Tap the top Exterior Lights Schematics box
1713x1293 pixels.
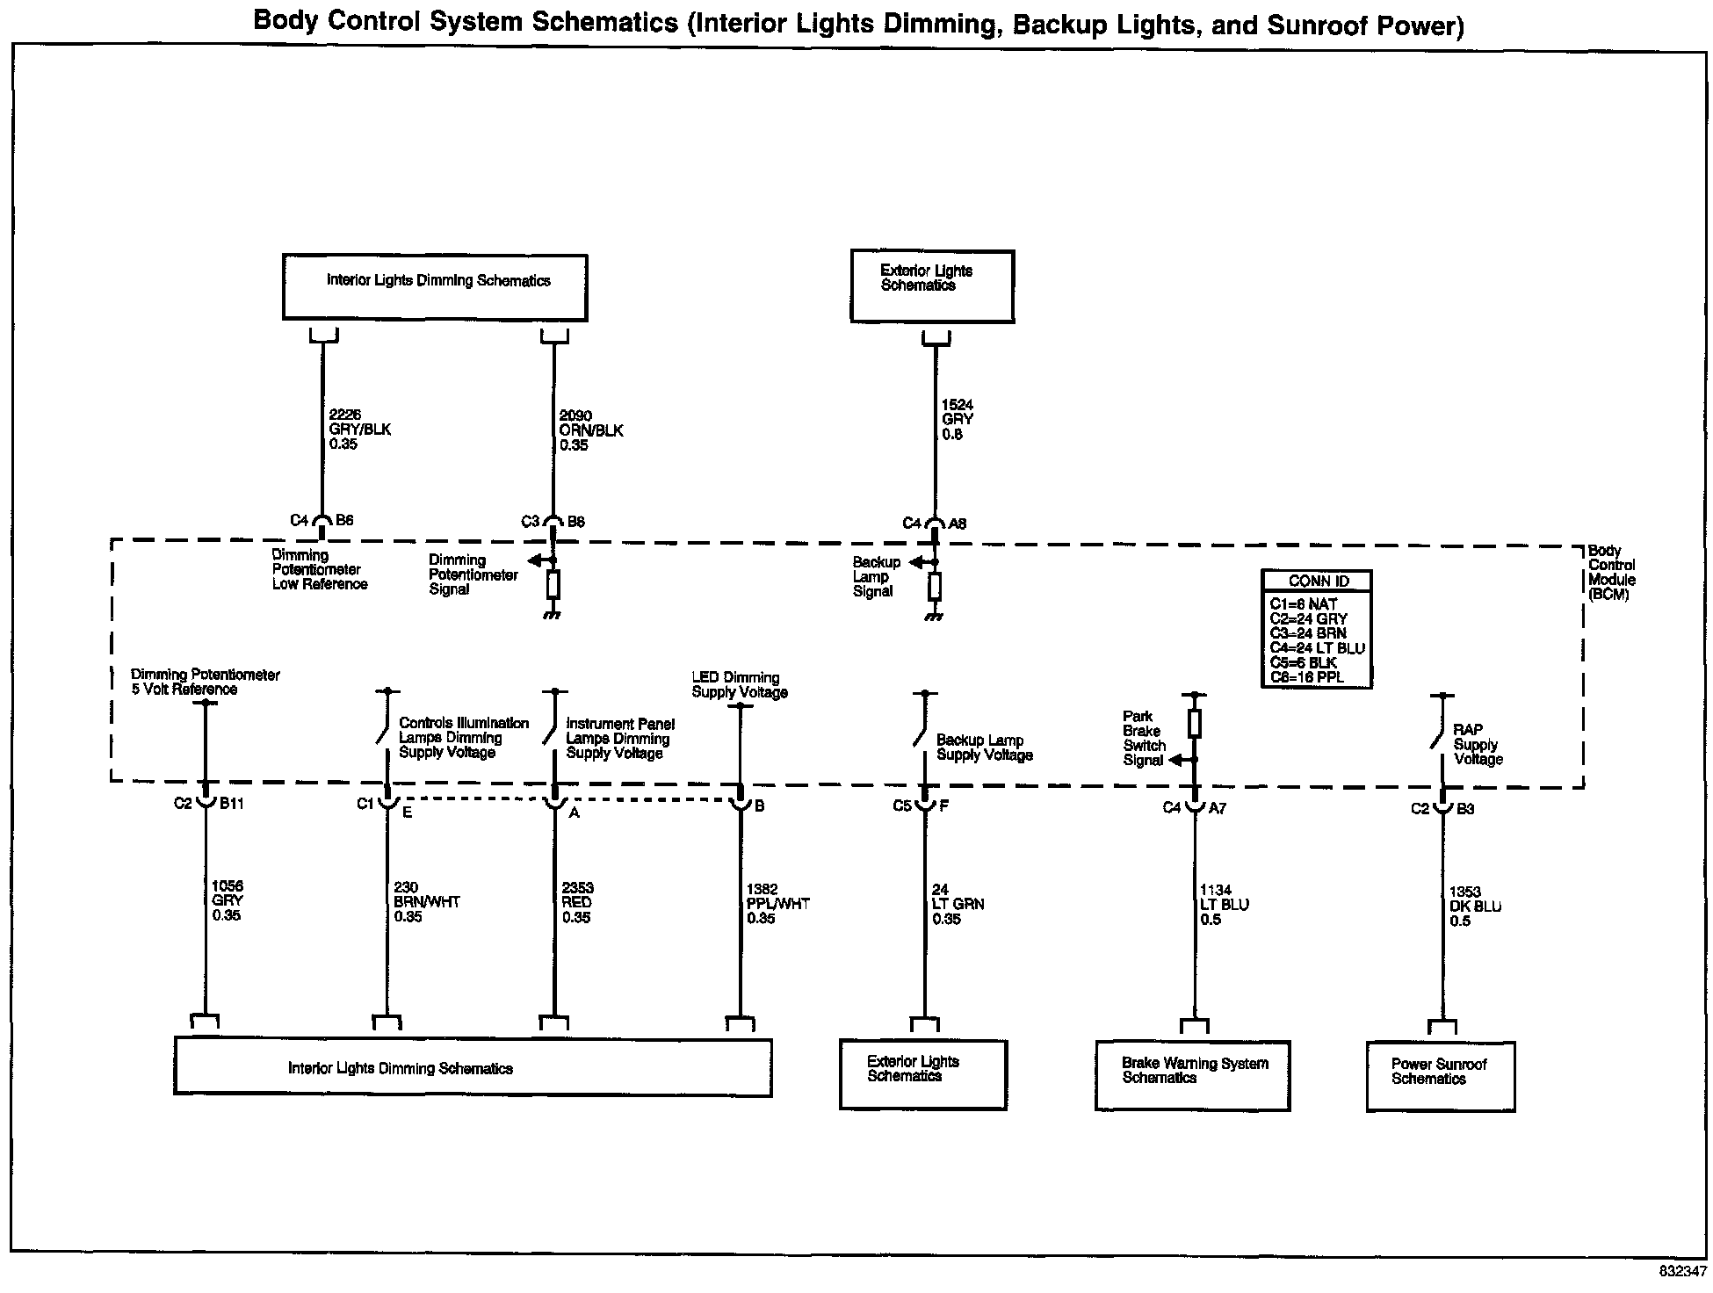(931, 285)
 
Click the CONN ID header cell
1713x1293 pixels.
(1318, 581)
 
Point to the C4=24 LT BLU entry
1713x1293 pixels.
(1317, 648)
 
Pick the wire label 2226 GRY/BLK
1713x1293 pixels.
(358, 430)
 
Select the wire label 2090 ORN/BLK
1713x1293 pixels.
(590, 430)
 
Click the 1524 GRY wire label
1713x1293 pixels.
(957, 420)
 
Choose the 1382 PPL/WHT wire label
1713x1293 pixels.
(777, 904)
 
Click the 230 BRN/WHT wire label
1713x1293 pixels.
(426, 902)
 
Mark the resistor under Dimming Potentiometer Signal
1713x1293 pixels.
(553, 584)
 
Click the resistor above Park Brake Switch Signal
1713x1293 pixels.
(1195, 723)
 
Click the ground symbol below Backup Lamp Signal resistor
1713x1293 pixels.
(935, 617)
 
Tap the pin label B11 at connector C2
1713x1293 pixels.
(232, 803)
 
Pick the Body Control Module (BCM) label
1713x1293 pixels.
(1611, 573)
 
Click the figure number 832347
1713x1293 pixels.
(1681, 1272)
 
